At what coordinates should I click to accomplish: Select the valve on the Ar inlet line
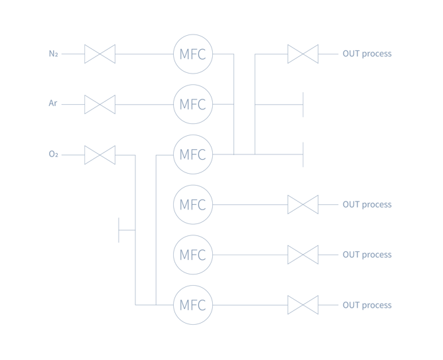click(x=100, y=104)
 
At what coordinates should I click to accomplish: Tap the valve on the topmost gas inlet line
click(x=100, y=54)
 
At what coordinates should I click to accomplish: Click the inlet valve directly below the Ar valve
click(x=100, y=154)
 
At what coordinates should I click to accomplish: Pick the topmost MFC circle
click(x=193, y=54)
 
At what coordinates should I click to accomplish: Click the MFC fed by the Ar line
click(x=193, y=104)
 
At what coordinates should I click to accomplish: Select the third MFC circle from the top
click(x=193, y=154)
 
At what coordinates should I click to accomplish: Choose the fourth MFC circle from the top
click(x=193, y=205)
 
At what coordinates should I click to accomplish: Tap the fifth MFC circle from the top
click(x=193, y=255)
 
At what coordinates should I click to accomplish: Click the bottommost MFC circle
click(x=193, y=306)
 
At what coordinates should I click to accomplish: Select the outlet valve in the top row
click(x=303, y=54)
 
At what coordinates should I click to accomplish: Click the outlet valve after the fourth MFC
click(x=303, y=205)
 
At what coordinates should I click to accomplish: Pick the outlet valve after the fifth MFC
click(x=303, y=255)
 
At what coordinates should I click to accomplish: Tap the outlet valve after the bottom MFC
click(x=303, y=306)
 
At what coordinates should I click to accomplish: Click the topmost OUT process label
click(x=367, y=54)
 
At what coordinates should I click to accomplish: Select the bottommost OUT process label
click(x=367, y=306)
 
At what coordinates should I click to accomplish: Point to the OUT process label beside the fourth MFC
click(x=367, y=205)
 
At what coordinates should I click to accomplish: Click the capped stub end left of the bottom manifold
click(x=119, y=230)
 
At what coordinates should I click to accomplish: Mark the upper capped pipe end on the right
click(x=303, y=104)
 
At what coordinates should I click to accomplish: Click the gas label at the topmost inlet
click(x=53, y=54)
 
